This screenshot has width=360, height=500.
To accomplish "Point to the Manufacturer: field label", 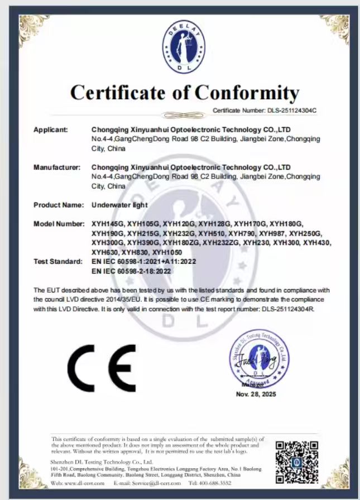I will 56,167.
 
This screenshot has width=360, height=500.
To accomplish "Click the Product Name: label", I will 57,205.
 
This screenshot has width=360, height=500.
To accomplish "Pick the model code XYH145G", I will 107,224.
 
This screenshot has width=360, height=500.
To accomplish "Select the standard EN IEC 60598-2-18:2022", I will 131,271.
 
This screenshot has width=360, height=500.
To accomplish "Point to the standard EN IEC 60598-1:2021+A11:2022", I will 143,261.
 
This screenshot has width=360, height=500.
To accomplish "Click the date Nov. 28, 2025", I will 256,394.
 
